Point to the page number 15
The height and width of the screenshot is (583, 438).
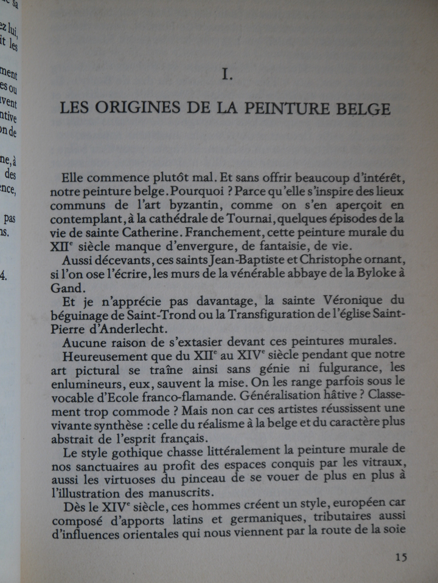(401, 557)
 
